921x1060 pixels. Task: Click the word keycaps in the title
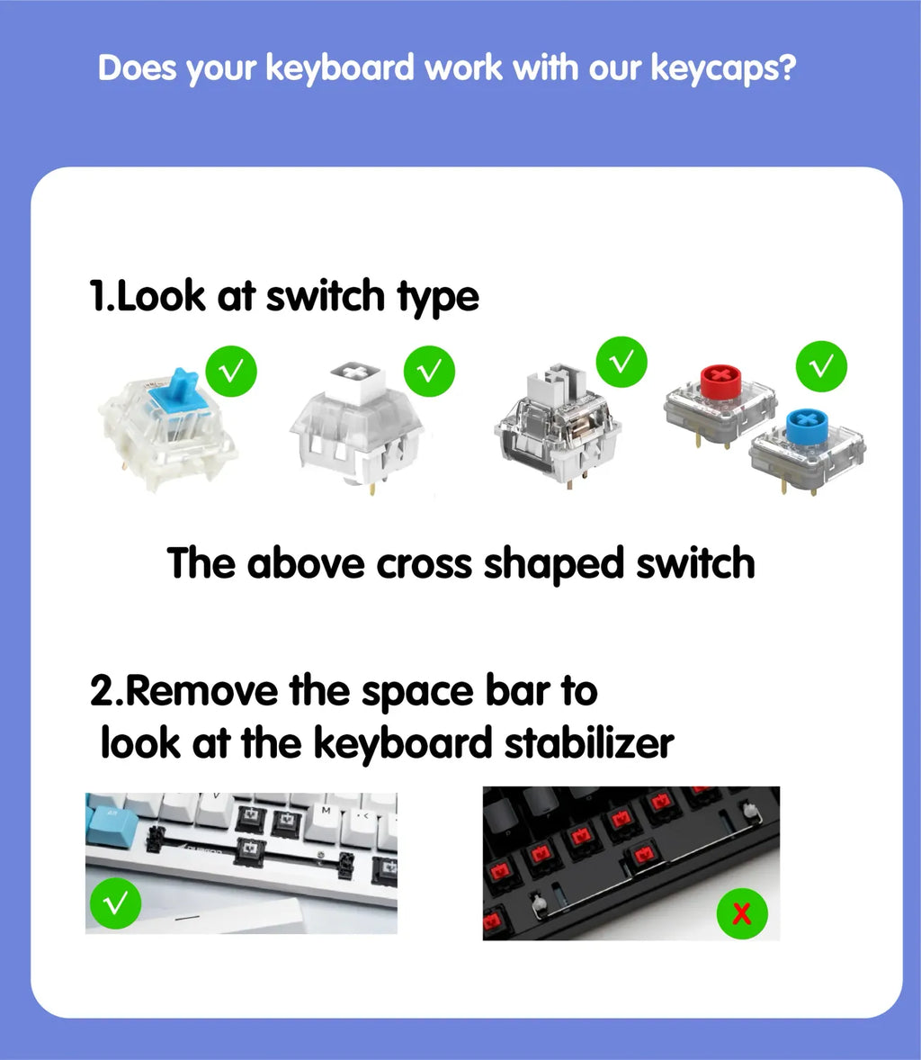point(721,68)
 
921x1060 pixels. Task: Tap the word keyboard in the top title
point(338,68)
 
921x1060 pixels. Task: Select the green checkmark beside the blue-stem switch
point(231,370)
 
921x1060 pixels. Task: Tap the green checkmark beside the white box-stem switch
point(429,370)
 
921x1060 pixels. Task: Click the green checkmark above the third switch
point(621,362)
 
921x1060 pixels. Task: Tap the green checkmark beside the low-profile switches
point(821,366)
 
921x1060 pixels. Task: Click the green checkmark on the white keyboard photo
point(114,903)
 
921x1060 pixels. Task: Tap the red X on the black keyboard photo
point(741,914)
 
